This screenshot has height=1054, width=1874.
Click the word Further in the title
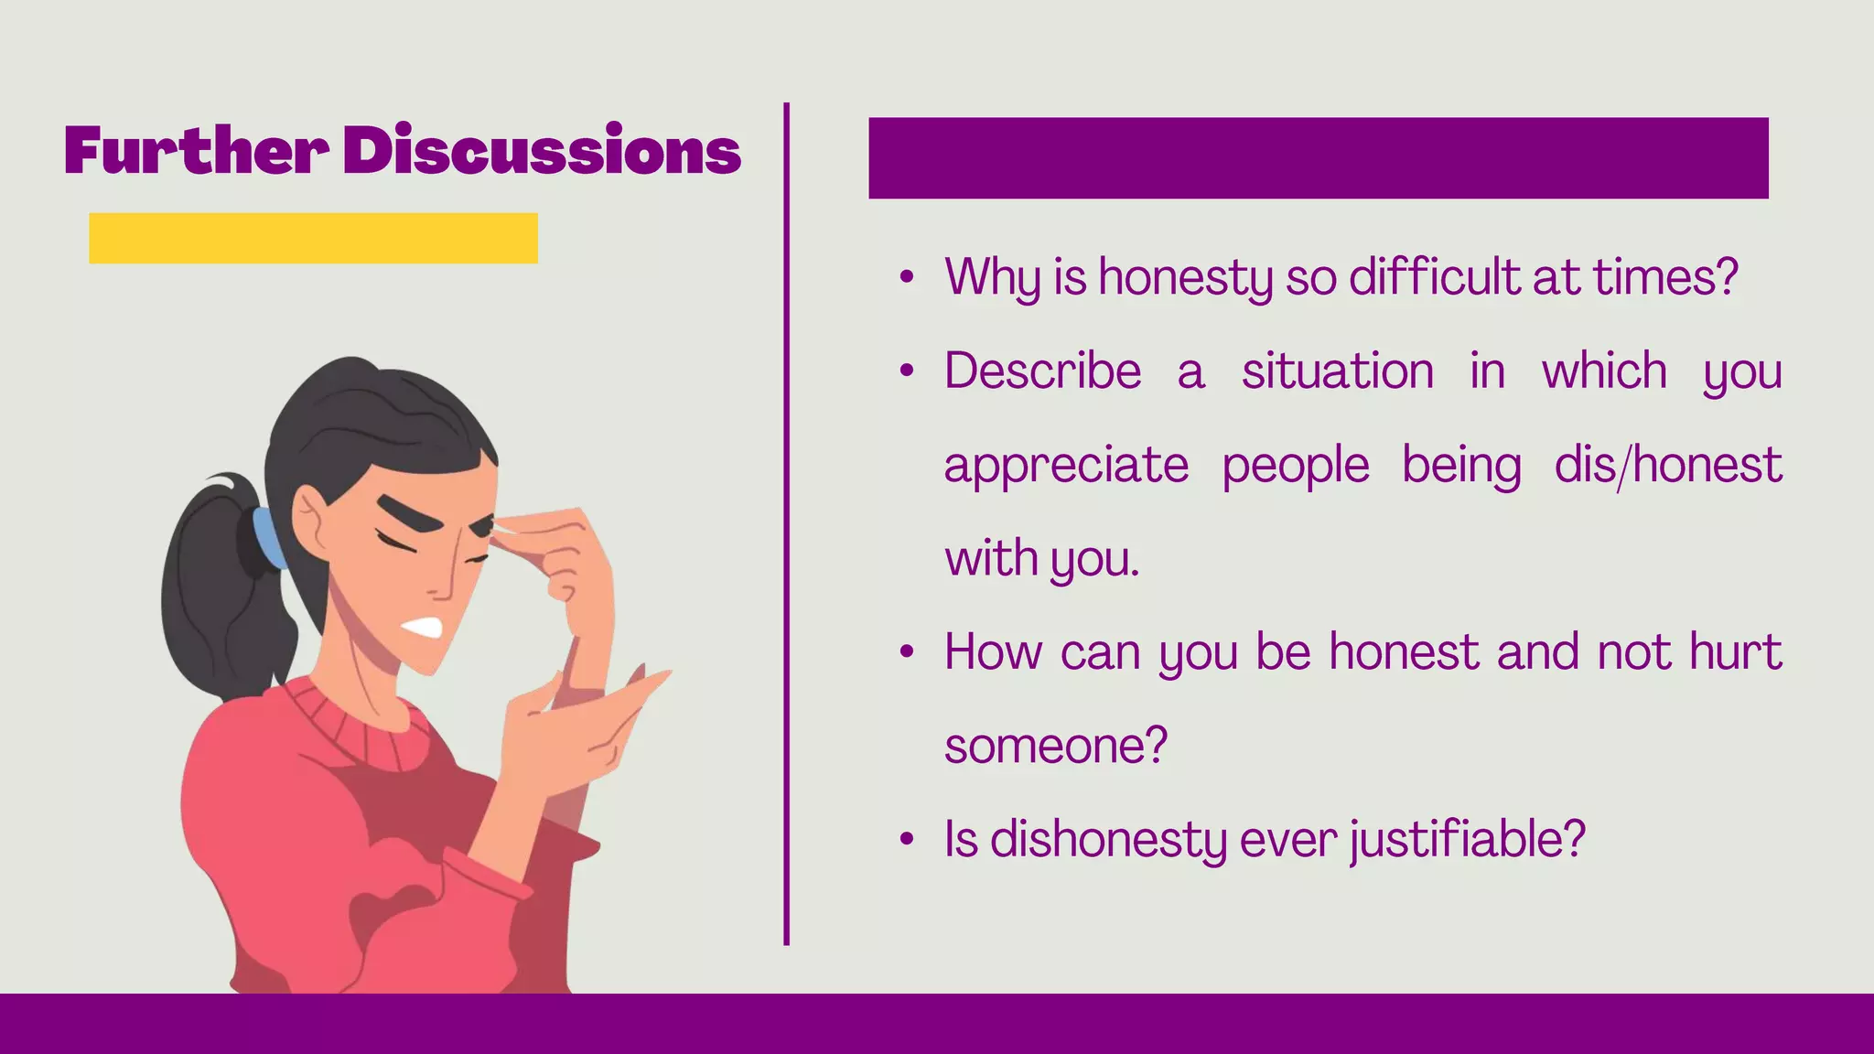[196, 150]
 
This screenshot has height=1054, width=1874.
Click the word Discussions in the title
[542, 150]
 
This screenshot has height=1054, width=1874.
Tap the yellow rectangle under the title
[313, 238]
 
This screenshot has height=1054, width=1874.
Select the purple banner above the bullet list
[1318, 157]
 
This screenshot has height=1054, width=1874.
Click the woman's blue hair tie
[268, 538]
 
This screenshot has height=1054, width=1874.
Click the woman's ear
[311, 522]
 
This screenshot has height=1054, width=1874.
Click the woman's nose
[458, 576]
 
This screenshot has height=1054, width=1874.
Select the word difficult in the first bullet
[1435, 276]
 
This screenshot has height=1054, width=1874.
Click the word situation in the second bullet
[1337, 371]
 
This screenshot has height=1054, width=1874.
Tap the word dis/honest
[1668, 465]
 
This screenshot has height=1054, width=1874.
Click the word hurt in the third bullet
[1735, 651]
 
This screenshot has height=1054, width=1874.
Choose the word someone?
[1056, 746]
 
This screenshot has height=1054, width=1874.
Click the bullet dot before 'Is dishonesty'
[907, 839]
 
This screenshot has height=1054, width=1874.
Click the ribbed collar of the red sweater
[357, 723]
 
